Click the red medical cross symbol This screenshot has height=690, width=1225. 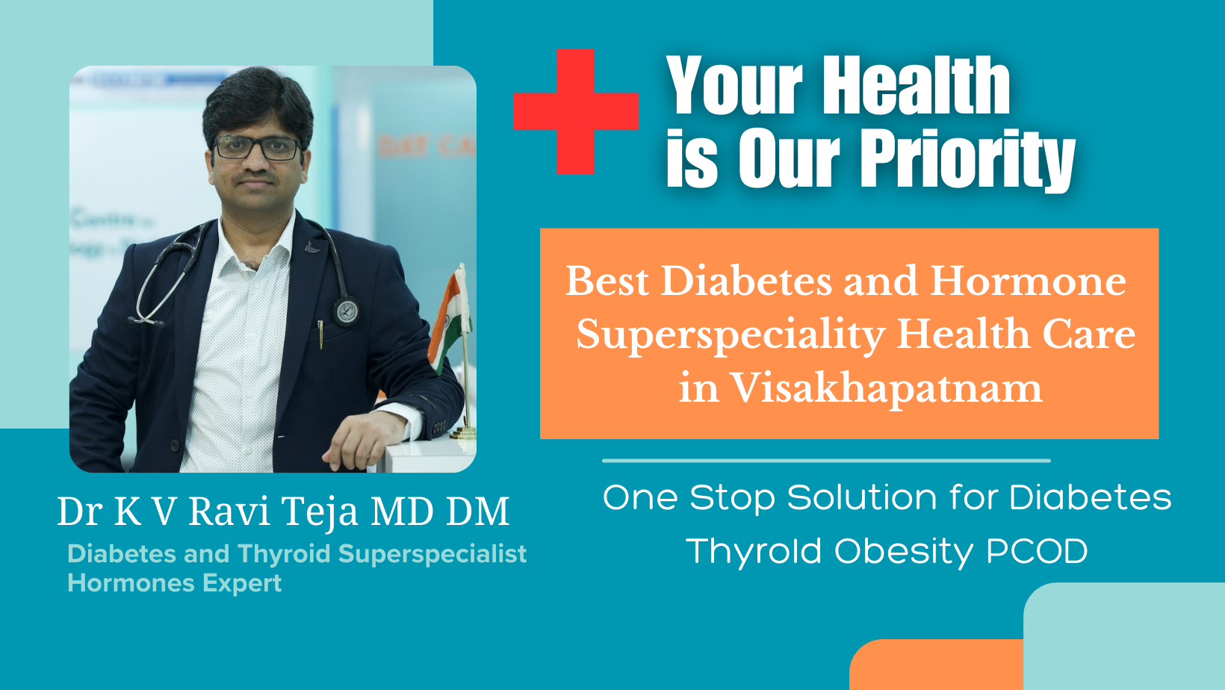pos(576,111)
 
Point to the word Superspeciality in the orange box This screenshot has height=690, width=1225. pos(731,335)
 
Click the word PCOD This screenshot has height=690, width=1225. pos(1037,550)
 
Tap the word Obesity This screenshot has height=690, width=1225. pos(904,552)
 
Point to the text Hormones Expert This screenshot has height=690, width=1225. pos(175,583)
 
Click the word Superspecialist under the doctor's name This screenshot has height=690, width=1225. pos(432,555)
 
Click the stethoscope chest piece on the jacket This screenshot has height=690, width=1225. pos(346,311)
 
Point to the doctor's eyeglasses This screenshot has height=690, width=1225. pos(257,148)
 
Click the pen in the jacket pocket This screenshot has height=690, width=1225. pos(320,335)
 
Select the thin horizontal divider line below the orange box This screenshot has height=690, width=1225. pos(826,461)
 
